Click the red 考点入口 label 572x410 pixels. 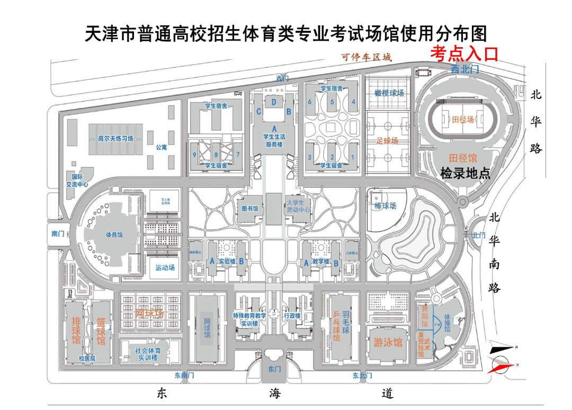click(464, 54)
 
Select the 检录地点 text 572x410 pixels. click(465, 173)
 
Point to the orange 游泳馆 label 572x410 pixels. click(388, 342)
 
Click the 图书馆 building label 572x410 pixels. click(249, 208)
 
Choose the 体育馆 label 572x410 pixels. click(114, 234)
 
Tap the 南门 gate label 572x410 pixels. click(58, 233)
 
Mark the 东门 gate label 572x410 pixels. click(274, 369)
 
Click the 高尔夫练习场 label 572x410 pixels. click(115, 139)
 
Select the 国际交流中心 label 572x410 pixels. click(77, 180)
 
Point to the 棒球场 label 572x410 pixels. click(385, 206)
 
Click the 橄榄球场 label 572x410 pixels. click(389, 93)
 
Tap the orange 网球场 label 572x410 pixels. click(150, 313)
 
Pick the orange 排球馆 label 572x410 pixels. click(76, 329)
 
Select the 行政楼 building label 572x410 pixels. click(292, 316)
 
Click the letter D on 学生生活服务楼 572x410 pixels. click(274, 102)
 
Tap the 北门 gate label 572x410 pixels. click(478, 235)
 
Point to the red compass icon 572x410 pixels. click(502, 366)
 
